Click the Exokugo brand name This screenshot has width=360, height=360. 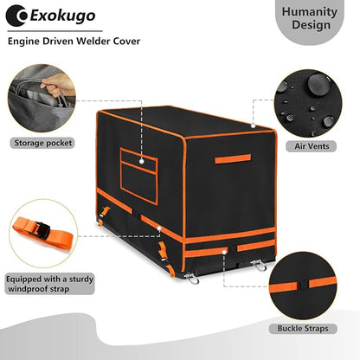(62, 16)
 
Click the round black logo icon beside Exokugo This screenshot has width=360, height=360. (16, 16)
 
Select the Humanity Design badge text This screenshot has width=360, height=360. (310, 18)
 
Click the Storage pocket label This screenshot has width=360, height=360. (43, 143)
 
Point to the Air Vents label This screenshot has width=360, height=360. (312, 146)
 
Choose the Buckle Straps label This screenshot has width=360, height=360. (303, 329)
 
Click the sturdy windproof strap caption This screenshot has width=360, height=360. (50, 284)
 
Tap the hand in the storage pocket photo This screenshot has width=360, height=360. (57, 84)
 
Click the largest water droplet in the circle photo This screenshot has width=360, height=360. (318, 83)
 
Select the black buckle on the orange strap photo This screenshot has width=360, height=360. (42, 229)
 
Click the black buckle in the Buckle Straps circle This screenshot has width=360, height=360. (304, 286)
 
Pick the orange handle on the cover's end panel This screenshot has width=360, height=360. (233, 158)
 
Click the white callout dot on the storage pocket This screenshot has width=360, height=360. (142, 161)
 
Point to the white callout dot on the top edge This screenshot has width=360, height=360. (253, 125)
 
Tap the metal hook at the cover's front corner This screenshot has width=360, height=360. (191, 278)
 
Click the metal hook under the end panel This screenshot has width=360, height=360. (259, 265)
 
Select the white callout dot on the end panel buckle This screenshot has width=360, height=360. (224, 252)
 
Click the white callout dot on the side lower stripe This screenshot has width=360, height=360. (159, 228)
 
